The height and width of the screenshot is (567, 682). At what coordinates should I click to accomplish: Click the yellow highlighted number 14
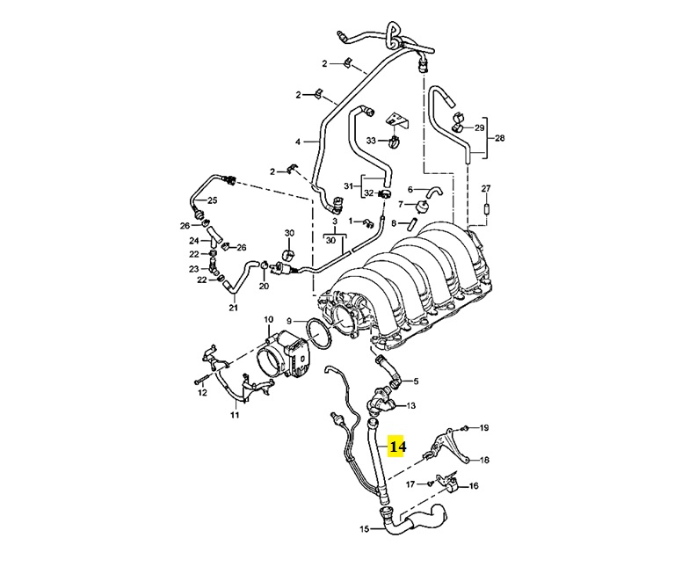(x=396, y=447)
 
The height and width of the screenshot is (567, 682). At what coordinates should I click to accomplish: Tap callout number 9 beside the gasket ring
(x=289, y=322)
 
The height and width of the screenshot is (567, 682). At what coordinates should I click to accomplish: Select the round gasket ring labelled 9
(x=320, y=334)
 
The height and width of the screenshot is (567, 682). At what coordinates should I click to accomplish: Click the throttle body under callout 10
(x=284, y=353)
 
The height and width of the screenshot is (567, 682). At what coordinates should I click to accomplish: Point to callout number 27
(x=486, y=188)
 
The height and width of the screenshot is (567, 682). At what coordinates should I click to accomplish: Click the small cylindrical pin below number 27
(x=486, y=208)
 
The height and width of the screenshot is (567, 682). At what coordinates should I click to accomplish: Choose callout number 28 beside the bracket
(x=500, y=138)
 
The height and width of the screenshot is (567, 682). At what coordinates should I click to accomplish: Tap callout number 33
(x=371, y=141)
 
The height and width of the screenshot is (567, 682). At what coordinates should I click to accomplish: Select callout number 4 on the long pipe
(x=298, y=142)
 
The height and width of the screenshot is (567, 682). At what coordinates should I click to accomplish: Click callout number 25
(x=212, y=200)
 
